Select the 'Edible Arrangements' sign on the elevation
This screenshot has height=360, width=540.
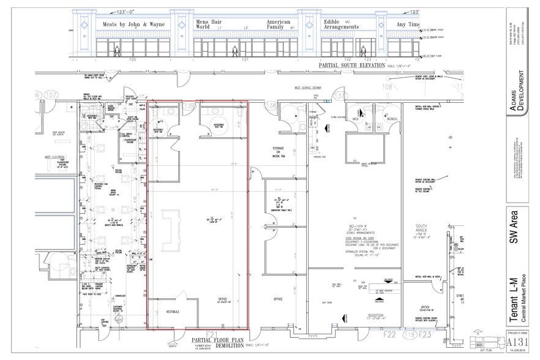[x=342, y=24]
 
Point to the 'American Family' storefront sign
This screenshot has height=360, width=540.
[x=278, y=24]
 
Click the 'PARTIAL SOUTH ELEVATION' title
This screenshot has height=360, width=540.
[x=352, y=65]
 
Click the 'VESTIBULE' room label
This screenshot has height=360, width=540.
[x=173, y=312]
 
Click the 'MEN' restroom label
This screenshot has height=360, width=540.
[x=354, y=118]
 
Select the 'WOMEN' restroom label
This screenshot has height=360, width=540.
[x=392, y=118]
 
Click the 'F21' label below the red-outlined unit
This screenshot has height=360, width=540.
[x=212, y=334]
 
